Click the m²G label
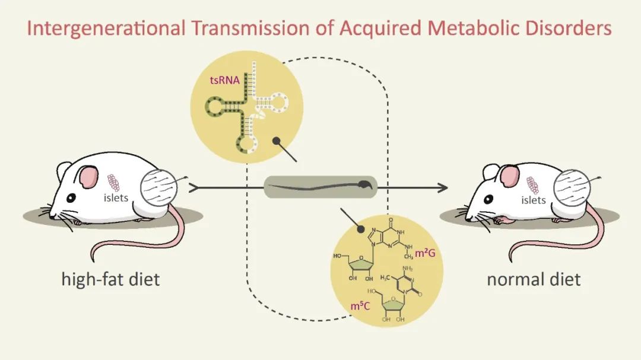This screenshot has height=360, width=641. click(426, 254)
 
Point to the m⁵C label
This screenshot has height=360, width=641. click(360, 307)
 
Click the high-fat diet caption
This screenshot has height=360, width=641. click(110, 278)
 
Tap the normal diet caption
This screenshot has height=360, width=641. click(533, 278)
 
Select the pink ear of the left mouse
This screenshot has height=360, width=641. click(88, 176)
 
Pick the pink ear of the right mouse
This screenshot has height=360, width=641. click(509, 176)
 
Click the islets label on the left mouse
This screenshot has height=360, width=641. click(116, 198)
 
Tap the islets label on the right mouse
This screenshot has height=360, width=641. click(533, 200)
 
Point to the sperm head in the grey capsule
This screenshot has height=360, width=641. click(367, 184)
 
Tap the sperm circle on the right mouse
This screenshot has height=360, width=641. click(572, 189)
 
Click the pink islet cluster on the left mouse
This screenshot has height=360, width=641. click(113, 182)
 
